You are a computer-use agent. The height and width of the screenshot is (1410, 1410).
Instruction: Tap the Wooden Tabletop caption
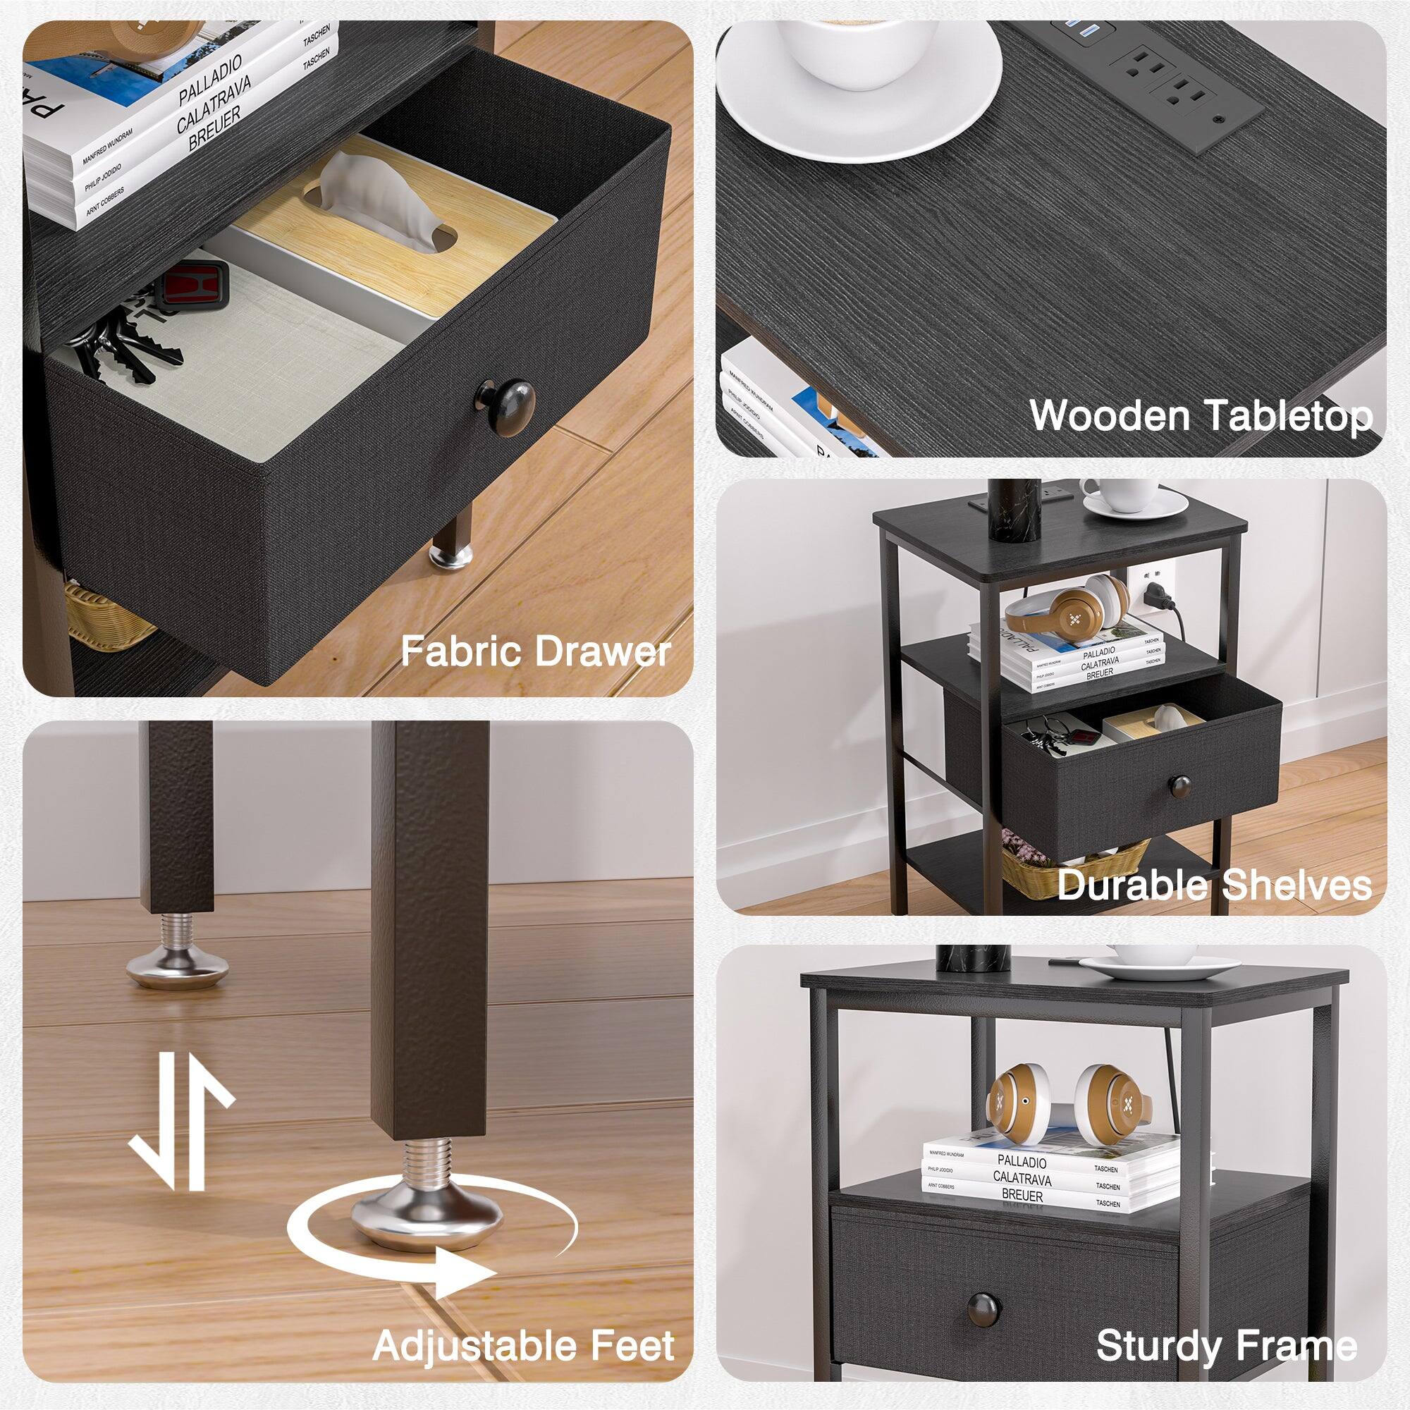1201,416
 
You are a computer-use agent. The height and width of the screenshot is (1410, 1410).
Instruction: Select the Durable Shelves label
1214,885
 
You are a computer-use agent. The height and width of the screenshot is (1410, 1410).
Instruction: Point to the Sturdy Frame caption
1226,1345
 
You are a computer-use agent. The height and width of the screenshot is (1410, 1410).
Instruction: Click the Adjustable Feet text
523,1345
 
